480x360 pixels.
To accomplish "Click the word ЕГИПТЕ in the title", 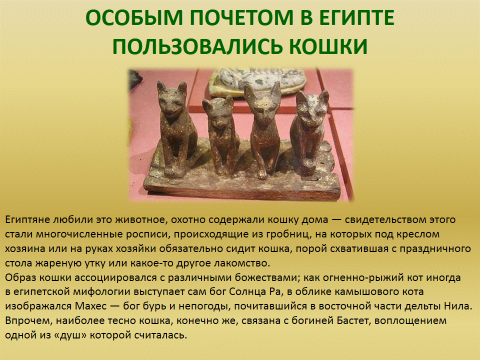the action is point(356,18).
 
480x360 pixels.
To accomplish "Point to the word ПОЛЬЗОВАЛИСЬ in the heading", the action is point(198,47).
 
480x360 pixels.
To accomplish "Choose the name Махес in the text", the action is point(90,306).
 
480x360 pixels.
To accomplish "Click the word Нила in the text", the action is point(459,306).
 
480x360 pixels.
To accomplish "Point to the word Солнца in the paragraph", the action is point(247,292).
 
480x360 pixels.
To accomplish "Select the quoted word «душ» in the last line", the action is point(66,335).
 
